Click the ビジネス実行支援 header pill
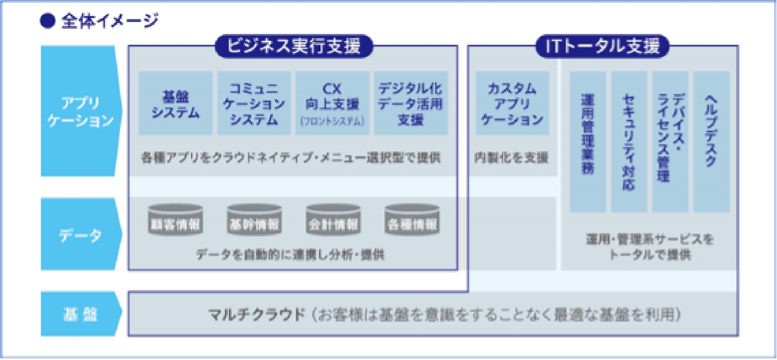[x=293, y=46]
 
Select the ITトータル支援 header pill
[x=602, y=46]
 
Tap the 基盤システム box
[x=175, y=103]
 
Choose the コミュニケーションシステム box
[x=254, y=103]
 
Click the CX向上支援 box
[x=332, y=103]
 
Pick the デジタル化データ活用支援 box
[x=410, y=103]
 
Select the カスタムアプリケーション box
[x=512, y=103]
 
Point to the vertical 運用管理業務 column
[x=588, y=142]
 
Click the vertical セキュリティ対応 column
[x=628, y=142]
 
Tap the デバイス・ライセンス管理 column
[x=670, y=142]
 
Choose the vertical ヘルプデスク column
[x=711, y=142]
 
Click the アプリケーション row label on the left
[x=80, y=111]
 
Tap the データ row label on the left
[x=80, y=235]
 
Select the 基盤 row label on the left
[x=80, y=314]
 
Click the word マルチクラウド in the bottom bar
[x=257, y=314]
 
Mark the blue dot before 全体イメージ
[x=47, y=21]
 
